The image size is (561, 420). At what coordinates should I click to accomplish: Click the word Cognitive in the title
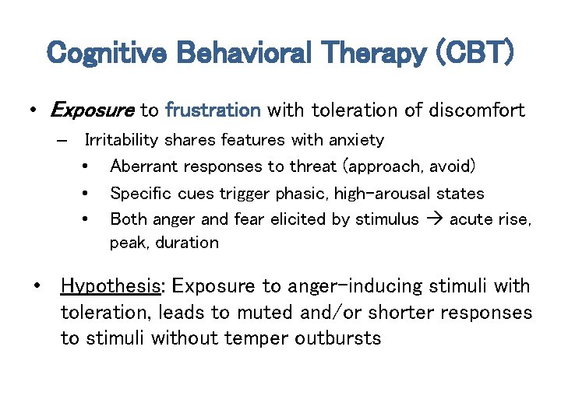108,54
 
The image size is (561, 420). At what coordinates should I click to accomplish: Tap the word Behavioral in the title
245,54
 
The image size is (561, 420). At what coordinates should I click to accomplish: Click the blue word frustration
213,110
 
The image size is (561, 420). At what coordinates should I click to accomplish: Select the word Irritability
122,140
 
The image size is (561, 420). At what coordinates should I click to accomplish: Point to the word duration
187,243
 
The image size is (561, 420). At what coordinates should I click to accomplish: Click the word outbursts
339,339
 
